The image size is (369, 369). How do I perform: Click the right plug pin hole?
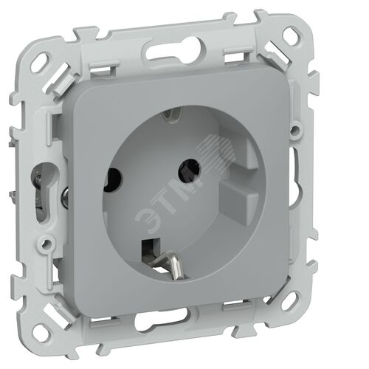click(x=189, y=170)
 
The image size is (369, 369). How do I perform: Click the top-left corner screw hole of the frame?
click(x=40, y=61)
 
